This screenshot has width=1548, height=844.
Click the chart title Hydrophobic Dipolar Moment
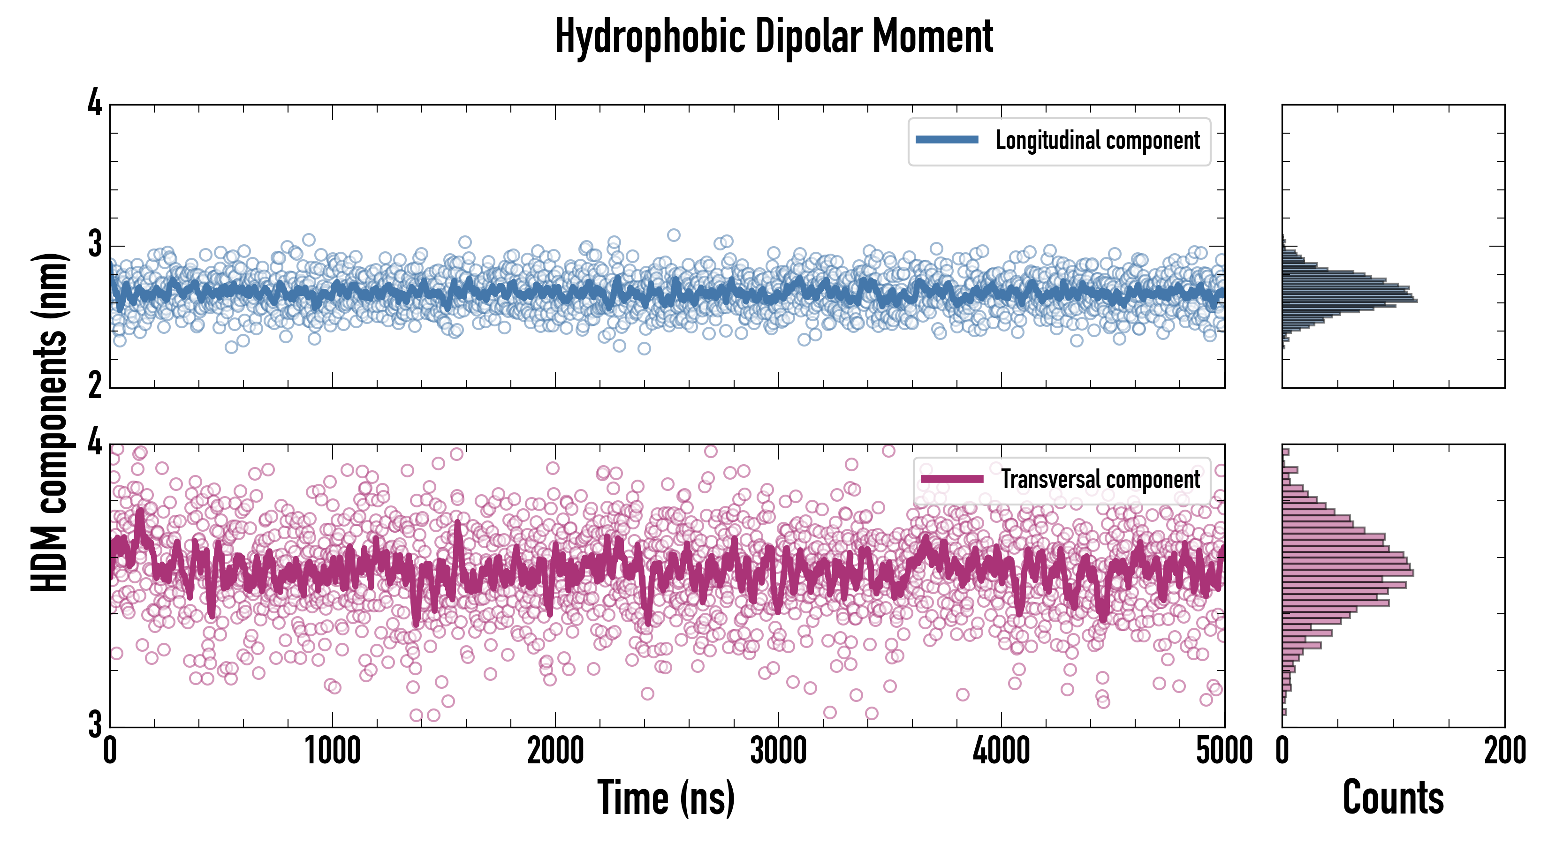pos(774,37)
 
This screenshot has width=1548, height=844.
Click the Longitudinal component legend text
pos(1097,141)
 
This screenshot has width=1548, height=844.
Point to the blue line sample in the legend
pos(947,140)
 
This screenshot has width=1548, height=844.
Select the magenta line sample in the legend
pos(952,479)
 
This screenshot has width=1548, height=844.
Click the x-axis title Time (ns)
pos(666,797)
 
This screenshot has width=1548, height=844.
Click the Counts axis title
pos(1393,797)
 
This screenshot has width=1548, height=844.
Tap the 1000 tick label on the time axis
pos(332,751)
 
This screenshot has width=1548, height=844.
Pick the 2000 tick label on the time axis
pos(555,751)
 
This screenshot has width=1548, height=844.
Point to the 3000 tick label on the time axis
pos(778,751)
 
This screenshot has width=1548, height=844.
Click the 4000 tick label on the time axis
pos(1001,751)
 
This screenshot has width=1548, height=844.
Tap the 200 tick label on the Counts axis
pos(1505,751)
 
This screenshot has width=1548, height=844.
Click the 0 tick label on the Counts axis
pos(1282,751)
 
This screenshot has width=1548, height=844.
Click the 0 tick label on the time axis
pos(110,751)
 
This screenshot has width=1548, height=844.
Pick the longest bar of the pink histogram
pos(1348,573)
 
